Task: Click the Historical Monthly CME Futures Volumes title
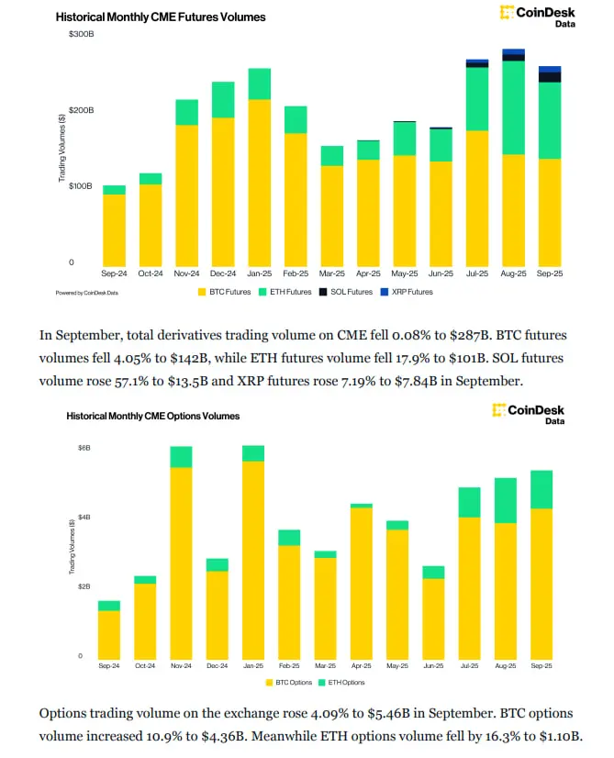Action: (161, 17)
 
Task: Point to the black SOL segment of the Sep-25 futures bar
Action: (549, 76)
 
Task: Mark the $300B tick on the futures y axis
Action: (82, 34)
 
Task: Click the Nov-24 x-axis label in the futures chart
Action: (186, 273)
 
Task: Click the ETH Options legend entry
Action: (343, 683)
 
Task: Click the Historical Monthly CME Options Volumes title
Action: (153, 416)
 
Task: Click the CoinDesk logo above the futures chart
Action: (537, 16)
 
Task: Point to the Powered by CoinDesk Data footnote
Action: (87, 292)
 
